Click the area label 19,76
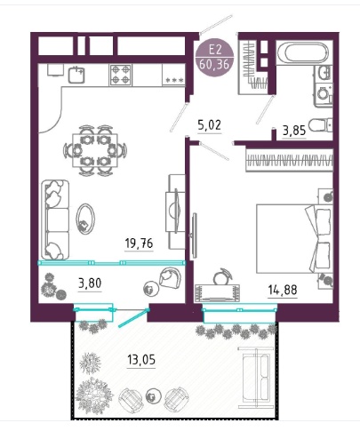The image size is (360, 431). coord(139,243)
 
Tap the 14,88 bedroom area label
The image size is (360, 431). coord(283,290)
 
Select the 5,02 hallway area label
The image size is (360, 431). coord(209,125)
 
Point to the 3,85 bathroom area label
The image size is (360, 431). coord(294,131)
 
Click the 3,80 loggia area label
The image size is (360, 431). coord(90,283)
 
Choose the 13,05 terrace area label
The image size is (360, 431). coord(141,360)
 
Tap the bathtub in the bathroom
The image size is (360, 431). coord(306,52)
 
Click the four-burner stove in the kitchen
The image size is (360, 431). coord(121,76)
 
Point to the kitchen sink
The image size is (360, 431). coord(76,75)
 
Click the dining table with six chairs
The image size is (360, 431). coord(95,150)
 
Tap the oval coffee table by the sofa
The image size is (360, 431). coord(85,219)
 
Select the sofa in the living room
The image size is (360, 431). coord(55,219)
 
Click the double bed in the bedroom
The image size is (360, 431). coord(293,238)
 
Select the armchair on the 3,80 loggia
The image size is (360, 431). coord(170,277)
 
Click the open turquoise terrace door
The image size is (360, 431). coord(133,318)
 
